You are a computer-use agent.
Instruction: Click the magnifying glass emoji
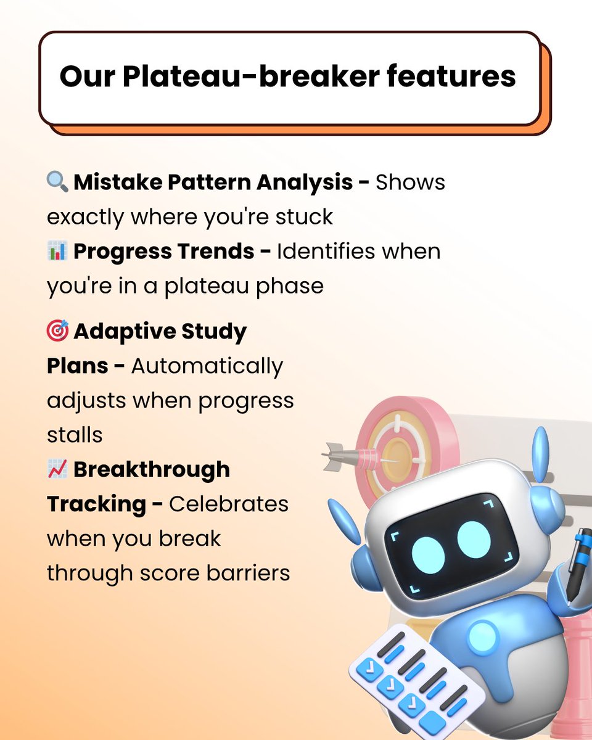tap(58, 182)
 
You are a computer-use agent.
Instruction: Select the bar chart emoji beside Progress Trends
tap(57, 252)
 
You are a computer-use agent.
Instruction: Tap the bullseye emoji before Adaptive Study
tap(58, 332)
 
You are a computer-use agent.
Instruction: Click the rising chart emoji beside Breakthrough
tap(57, 470)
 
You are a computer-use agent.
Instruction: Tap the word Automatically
tap(207, 366)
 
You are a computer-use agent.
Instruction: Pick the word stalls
tap(75, 435)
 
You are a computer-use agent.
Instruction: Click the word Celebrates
tap(229, 504)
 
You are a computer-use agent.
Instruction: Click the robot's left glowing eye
tap(428, 553)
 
